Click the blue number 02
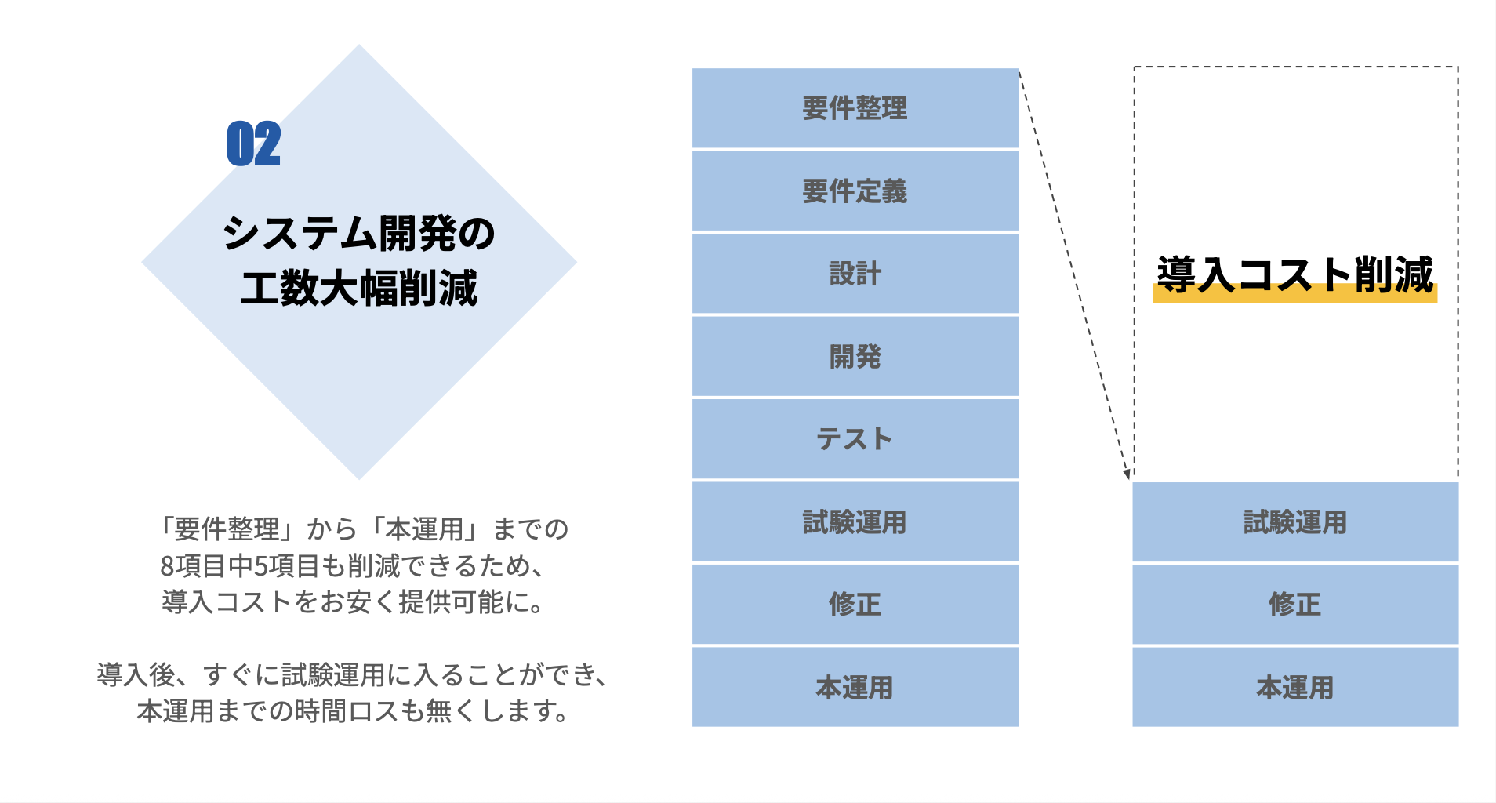[253, 144]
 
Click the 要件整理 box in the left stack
[855, 108]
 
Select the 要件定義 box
[855, 191]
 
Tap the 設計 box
[855, 274]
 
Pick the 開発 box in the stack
[855, 357]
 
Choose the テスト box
[855, 439]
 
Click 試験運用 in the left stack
[855, 522]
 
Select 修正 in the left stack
[855, 605]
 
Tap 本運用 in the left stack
[855, 688]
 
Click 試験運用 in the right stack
[1295, 522]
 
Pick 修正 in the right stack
[1295, 605]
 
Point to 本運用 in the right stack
[1295, 688]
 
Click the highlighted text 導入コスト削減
[1295, 275]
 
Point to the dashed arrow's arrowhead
[1127, 473]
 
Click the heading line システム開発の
[359, 234]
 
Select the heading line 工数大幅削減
[359, 288]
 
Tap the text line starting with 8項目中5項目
[353, 565]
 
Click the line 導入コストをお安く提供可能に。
[353, 601]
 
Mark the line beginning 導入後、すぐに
[353, 674]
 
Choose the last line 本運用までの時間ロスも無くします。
[353, 711]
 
